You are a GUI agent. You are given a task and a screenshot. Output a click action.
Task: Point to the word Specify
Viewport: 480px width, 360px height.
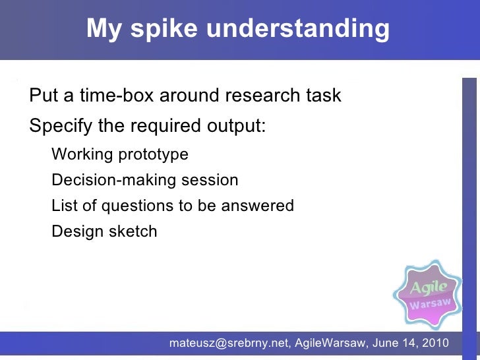[x=61, y=125]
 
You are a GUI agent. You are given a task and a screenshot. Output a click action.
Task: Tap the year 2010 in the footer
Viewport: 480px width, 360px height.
[x=435, y=343]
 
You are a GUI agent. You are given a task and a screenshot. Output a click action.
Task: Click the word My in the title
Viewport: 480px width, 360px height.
[x=102, y=29]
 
